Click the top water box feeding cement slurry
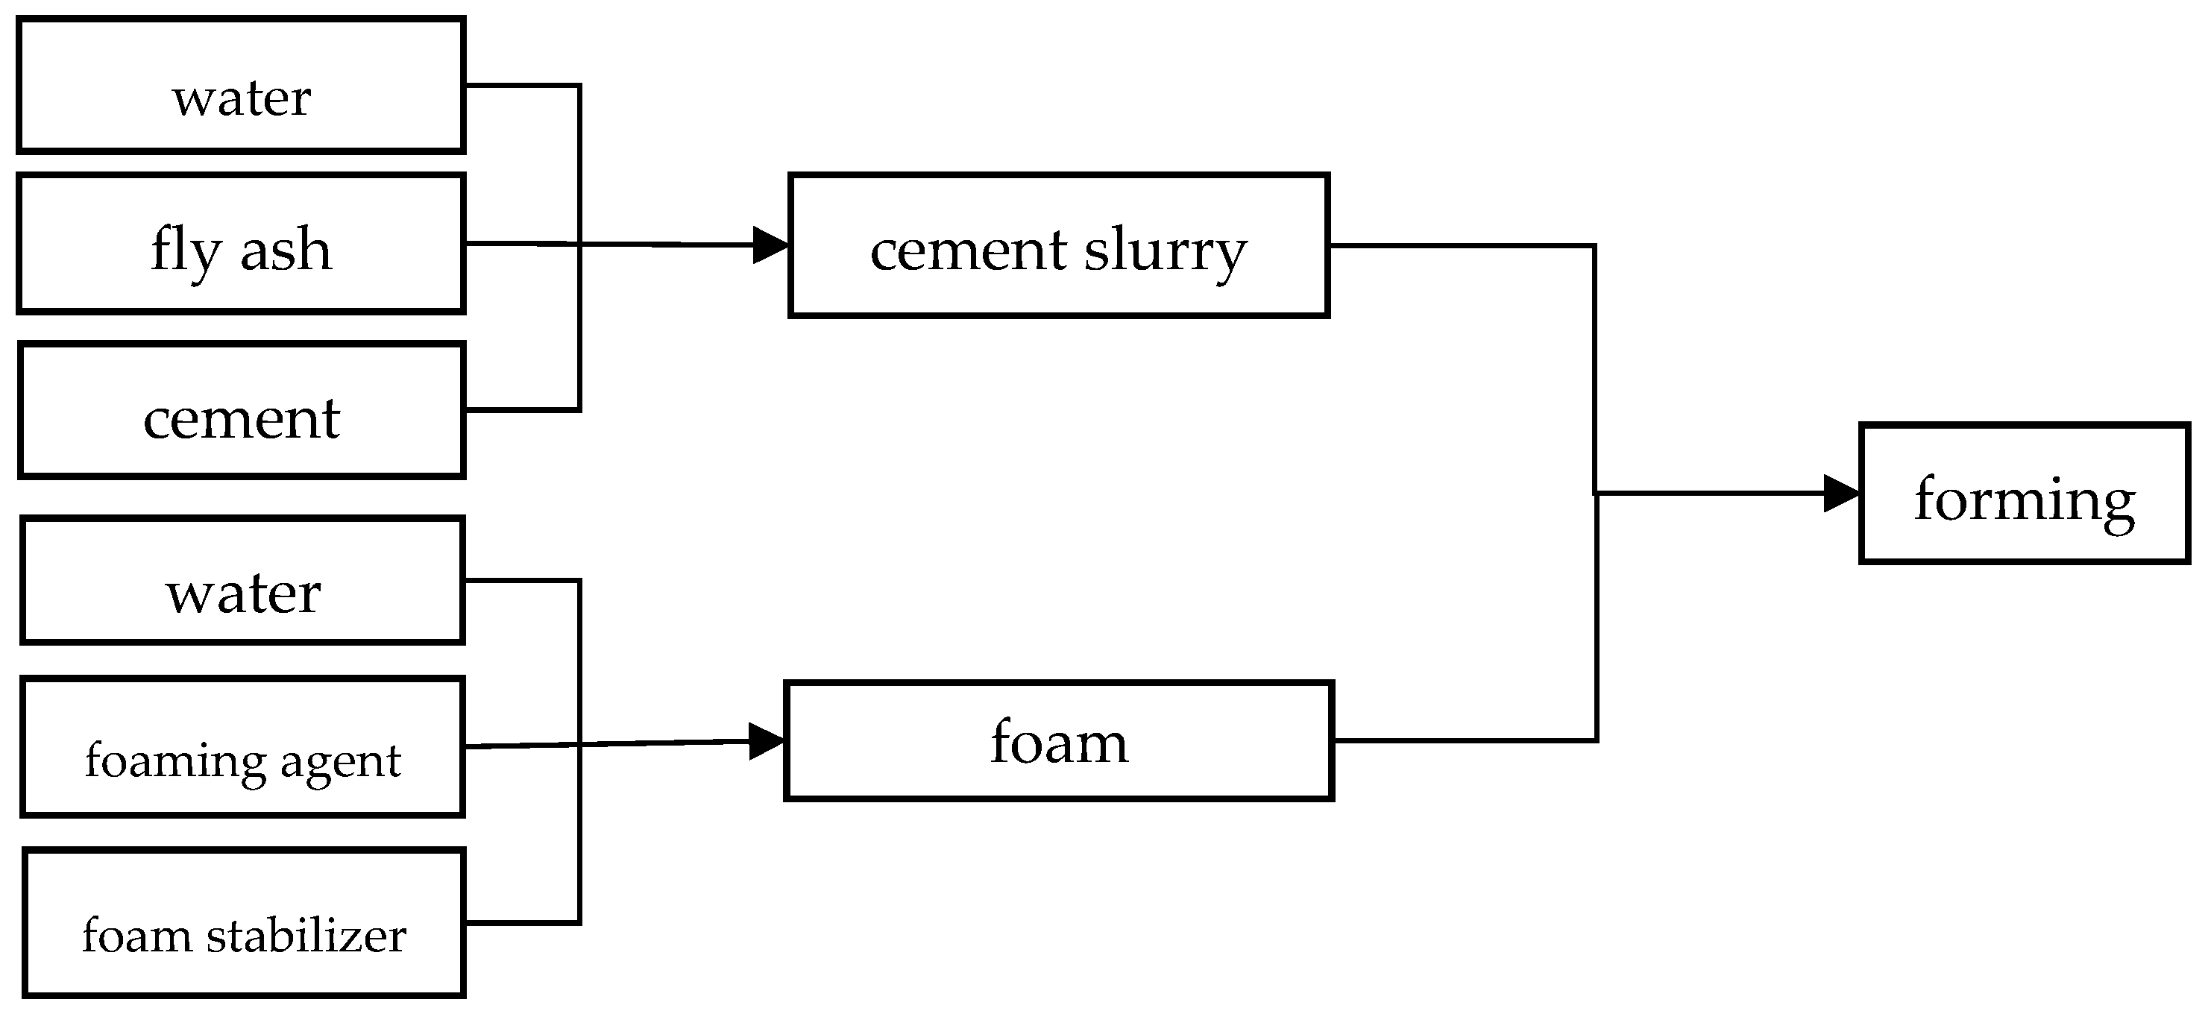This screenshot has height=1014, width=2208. pyautogui.click(x=241, y=86)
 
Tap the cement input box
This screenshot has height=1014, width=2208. pyautogui.click(x=241, y=411)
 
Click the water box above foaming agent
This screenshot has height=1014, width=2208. pyautogui.click(x=242, y=580)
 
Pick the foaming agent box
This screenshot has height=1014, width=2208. pyautogui.click(x=242, y=746)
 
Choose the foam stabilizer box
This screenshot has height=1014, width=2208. pyautogui.click(x=245, y=922)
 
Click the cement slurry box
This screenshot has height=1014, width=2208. pyautogui.click(x=1059, y=246)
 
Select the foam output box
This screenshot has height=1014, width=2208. pyautogui.click(x=1059, y=740)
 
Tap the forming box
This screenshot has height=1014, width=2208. pyautogui.click(x=2025, y=494)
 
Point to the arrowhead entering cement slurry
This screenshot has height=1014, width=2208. pyautogui.click(x=770, y=245)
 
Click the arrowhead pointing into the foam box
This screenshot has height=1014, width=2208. pyautogui.click(x=767, y=740)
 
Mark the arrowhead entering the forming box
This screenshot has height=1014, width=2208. pyautogui.click(x=1841, y=494)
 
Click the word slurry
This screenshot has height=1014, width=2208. pyautogui.click(x=1166, y=253)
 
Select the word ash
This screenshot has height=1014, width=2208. pyautogui.click(x=286, y=251)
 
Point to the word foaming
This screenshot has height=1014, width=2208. pyautogui.click(x=176, y=762)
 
